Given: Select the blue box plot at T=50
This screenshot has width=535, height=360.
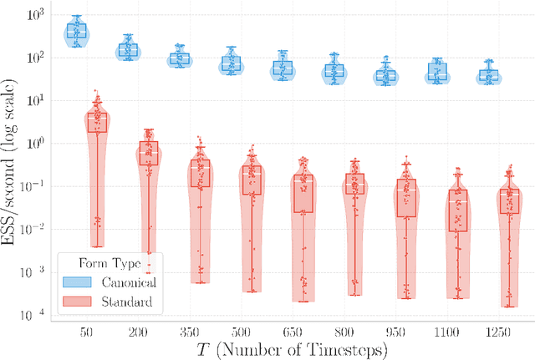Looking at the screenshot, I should pos(77,31).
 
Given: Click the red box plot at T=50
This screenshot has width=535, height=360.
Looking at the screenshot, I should pos(98,122).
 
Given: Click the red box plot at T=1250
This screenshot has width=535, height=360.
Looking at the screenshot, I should pos(508,200).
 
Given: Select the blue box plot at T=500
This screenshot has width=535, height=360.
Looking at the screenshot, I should pos(231,63).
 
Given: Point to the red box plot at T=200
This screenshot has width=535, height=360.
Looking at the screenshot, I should pos(149,153).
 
